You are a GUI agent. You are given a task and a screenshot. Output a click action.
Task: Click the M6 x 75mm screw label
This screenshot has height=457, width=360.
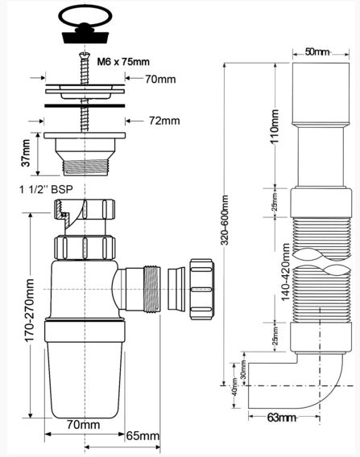pyautogui.click(x=123, y=62)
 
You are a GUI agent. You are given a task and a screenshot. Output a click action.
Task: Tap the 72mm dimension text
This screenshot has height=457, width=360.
pyautogui.click(x=164, y=121)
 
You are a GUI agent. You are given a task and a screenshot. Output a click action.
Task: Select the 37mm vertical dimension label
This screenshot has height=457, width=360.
pyautogui.click(x=26, y=153)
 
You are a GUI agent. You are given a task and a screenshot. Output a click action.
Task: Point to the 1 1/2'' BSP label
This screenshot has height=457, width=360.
pyautogui.click(x=46, y=189)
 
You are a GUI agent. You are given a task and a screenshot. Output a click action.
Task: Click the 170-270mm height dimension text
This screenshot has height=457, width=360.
pyautogui.click(x=30, y=310)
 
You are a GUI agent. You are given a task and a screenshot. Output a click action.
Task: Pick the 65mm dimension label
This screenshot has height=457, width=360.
pyautogui.click(x=143, y=436)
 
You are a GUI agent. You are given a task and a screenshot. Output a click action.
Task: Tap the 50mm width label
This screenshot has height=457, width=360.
pyautogui.click(x=317, y=52)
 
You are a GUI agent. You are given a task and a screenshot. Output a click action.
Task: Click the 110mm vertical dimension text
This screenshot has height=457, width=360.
pyautogui.click(x=275, y=126)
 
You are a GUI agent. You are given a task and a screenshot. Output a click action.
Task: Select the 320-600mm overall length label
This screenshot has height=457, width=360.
pyautogui.click(x=225, y=220)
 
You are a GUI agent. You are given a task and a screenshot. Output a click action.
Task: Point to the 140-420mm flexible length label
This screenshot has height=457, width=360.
pyautogui.click(x=285, y=272)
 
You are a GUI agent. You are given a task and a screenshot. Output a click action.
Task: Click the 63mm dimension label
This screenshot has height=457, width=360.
pyautogui.click(x=281, y=418)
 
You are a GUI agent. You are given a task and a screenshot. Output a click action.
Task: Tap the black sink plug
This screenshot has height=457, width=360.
pyautogui.click(x=85, y=32)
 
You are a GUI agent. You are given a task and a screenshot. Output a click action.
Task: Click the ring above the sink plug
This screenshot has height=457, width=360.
pyautogui.click(x=85, y=16)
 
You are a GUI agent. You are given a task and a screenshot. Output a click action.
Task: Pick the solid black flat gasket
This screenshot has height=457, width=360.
pyautogui.click(x=85, y=105)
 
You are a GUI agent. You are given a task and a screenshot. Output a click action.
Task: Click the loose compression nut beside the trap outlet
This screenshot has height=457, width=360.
pyautogui.click(x=202, y=290)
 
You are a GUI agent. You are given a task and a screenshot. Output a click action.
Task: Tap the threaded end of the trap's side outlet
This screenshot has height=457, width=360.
pyautogui.click(x=151, y=289)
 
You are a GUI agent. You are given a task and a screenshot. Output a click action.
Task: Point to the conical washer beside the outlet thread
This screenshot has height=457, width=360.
pyautogui.click(x=176, y=289)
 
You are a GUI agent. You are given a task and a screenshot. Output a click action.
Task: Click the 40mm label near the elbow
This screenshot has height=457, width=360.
pyautogui.click(x=235, y=386)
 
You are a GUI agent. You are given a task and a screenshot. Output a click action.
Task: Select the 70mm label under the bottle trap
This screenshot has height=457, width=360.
pyautogui.click(x=84, y=424)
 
